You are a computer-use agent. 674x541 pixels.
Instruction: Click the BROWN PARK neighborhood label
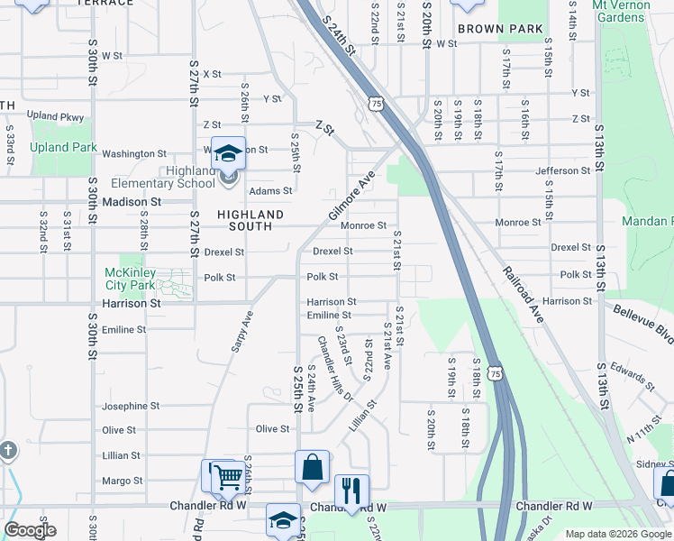coord(500,29)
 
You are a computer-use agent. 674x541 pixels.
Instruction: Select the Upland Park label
coord(63,147)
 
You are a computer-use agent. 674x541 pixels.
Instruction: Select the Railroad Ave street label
coord(524,295)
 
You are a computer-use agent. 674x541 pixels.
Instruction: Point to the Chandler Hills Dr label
coord(332,367)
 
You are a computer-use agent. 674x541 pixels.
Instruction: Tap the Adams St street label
coord(270,191)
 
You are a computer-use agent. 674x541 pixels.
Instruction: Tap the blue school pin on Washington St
coord(228,153)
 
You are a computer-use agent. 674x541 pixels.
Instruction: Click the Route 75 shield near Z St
coord(375,105)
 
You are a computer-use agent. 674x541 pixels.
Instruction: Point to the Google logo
coord(31,530)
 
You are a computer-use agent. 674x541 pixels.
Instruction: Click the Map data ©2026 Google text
coord(617,534)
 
